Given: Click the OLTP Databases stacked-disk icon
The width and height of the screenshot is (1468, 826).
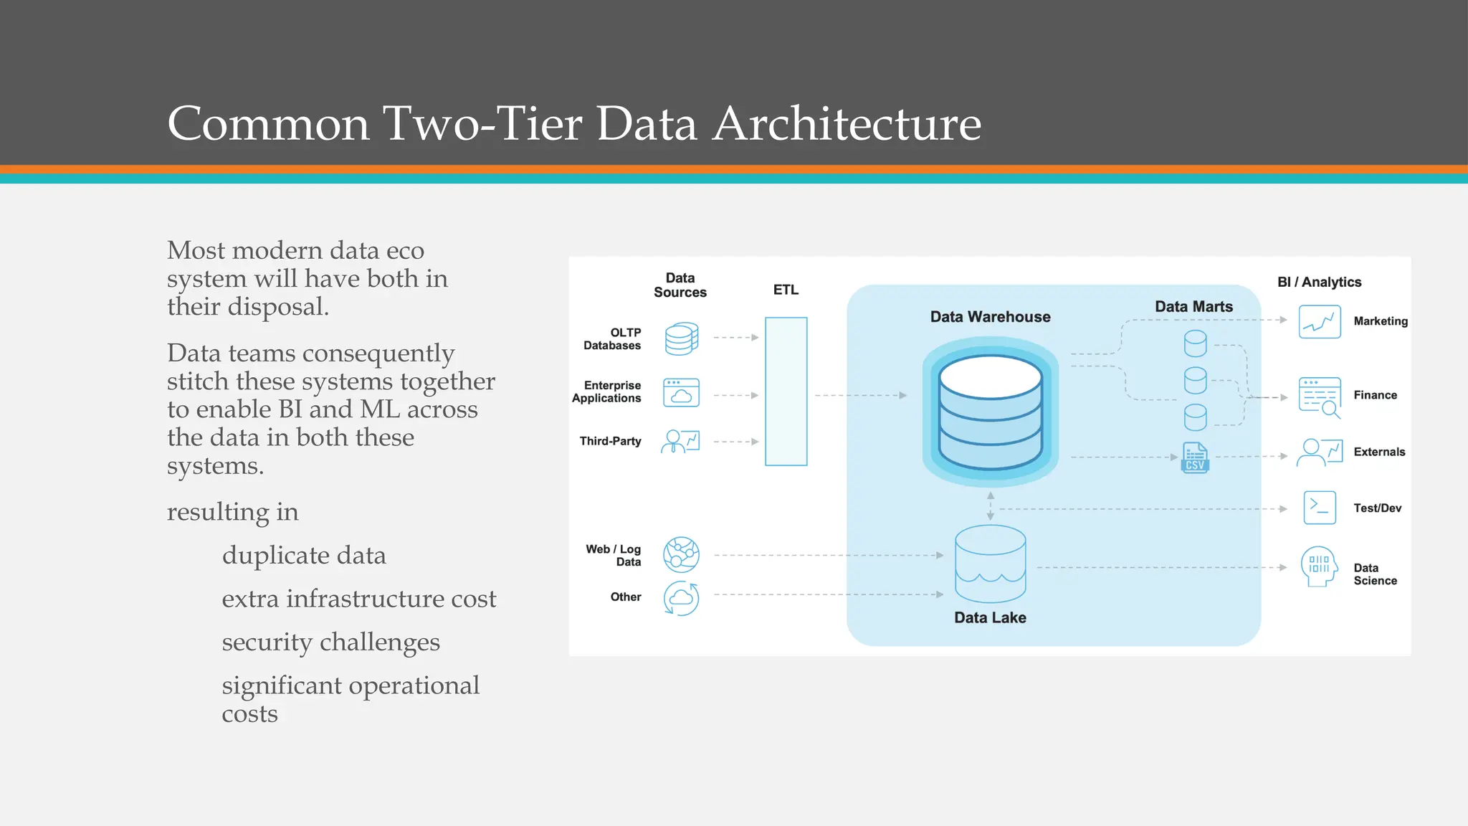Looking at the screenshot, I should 681,338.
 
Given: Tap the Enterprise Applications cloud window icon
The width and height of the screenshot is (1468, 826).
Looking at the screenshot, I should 681,393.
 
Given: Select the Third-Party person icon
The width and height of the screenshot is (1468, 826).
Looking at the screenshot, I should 680,441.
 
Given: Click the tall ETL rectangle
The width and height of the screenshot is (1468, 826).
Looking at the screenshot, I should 786,391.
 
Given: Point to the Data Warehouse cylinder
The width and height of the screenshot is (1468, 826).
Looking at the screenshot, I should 990,412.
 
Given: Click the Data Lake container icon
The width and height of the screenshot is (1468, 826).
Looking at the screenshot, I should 990,564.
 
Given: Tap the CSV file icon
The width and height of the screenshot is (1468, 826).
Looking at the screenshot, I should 1194,457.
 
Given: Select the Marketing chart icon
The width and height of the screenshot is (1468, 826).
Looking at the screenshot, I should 1319,322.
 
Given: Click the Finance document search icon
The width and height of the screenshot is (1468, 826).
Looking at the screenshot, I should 1319,397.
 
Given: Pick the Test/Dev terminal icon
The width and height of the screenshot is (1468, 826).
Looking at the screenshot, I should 1319,508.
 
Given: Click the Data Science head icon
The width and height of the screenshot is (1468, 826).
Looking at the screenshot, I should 1319,566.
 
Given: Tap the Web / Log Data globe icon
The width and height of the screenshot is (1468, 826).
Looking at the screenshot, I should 681,554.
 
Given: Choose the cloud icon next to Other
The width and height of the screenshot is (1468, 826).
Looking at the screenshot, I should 681,597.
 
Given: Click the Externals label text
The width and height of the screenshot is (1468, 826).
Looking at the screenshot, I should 1379,452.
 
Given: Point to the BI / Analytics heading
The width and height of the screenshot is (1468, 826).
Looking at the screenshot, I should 1319,282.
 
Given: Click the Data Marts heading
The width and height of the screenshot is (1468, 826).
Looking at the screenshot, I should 1193,307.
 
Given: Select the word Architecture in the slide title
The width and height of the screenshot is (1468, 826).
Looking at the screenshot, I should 847,123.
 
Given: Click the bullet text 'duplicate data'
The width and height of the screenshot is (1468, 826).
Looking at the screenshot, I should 304,556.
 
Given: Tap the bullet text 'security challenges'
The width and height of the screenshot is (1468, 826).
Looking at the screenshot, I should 330,642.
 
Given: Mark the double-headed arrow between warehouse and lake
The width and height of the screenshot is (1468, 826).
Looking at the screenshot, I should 990,505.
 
